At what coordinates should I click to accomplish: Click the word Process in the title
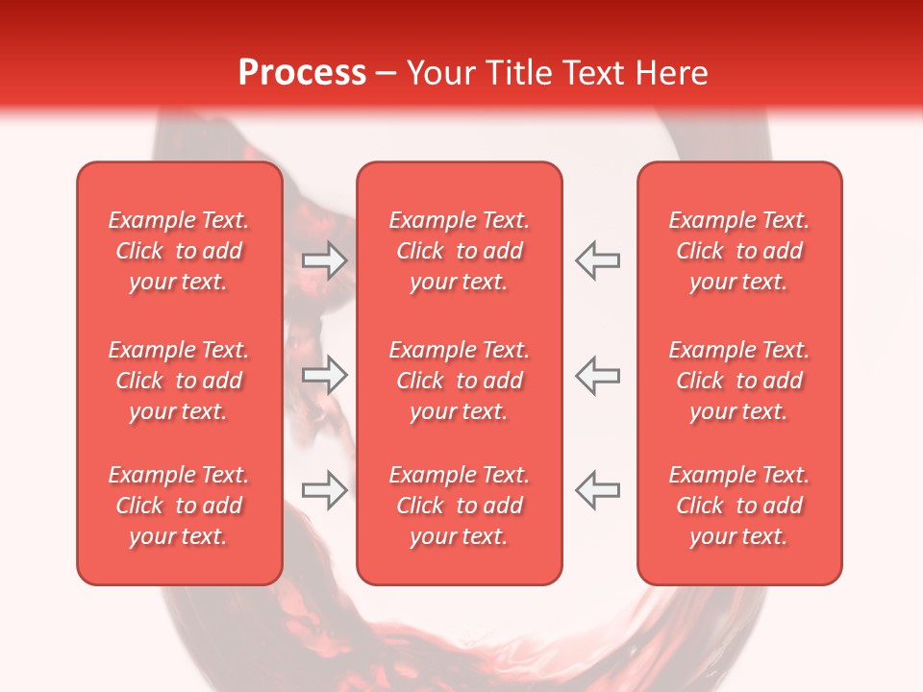click(x=302, y=73)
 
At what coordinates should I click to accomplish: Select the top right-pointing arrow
click(x=325, y=260)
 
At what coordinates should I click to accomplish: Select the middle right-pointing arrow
click(x=325, y=375)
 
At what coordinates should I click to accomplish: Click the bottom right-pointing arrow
click(x=325, y=490)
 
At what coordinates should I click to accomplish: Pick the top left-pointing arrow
click(x=597, y=260)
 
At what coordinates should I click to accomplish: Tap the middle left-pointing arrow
click(x=597, y=375)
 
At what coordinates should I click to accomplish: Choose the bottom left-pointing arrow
click(x=597, y=490)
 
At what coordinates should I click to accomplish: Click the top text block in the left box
click(x=179, y=251)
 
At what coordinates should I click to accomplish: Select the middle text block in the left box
click(x=179, y=381)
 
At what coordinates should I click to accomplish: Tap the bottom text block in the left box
click(x=179, y=506)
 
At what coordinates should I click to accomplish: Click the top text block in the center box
click(x=459, y=251)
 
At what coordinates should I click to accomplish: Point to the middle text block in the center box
click(x=459, y=381)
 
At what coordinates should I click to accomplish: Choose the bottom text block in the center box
click(x=459, y=506)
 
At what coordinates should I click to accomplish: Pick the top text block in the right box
click(x=738, y=251)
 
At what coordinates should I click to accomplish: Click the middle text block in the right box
click(x=738, y=381)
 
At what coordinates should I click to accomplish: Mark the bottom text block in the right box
click(x=738, y=506)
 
